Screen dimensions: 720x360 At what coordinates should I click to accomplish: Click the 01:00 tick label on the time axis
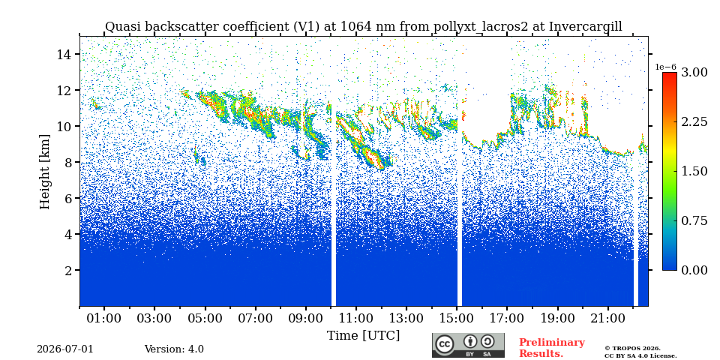(x=104, y=318)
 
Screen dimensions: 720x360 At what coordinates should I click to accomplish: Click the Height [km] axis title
(x=44, y=172)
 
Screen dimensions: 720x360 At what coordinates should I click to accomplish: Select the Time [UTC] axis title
(x=363, y=336)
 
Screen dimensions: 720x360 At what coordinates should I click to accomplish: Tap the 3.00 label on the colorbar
(x=694, y=72)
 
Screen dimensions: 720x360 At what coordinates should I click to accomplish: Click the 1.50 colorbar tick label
(x=694, y=171)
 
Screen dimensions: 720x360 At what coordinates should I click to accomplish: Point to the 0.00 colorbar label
(x=694, y=270)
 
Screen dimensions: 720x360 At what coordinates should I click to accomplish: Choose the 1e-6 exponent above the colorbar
(x=666, y=67)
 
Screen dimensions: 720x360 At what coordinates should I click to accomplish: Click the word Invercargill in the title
(x=586, y=27)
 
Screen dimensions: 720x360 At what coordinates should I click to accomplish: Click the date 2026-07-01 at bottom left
(x=64, y=349)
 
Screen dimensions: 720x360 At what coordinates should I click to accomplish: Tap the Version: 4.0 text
(x=174, y=349)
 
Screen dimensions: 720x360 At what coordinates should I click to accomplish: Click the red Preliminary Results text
(x=552, y=348)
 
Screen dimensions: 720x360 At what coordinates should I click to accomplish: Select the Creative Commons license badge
(x=468, y=345)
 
